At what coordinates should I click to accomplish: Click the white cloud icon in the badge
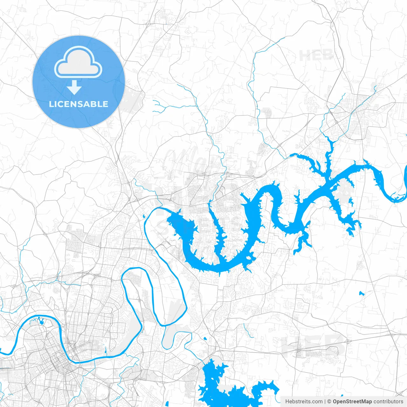tap(78, 62)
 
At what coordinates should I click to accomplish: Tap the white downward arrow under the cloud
tap(74, 87)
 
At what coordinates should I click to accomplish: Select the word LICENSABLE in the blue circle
tap(79, 104)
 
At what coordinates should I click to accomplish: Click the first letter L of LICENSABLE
tap(51, 104)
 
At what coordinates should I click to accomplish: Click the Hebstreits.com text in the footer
tap(304, 402)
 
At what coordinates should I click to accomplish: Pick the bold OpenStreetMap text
tap(352, 402)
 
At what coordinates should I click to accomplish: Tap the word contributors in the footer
tap(388, 402)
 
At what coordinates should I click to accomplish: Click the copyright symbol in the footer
tap(329, 402)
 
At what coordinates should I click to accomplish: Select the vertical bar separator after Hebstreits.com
tap(325, 402)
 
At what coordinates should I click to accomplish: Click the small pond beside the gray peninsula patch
tap(350, 201)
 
